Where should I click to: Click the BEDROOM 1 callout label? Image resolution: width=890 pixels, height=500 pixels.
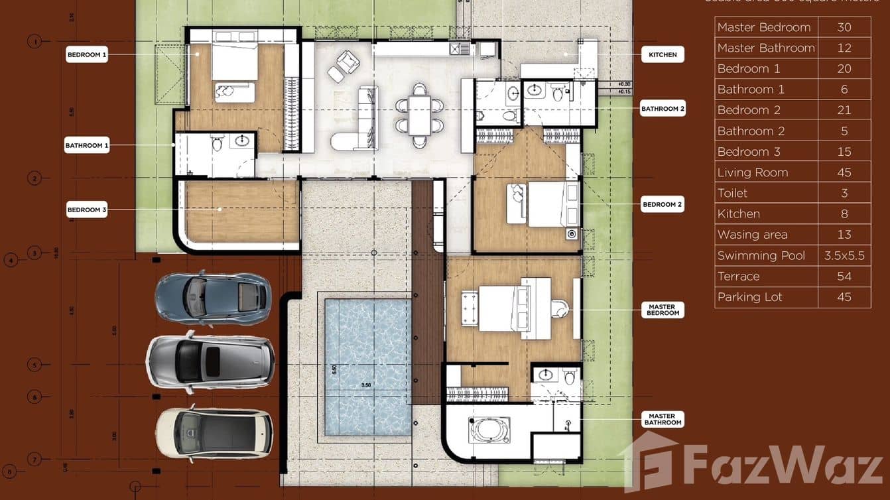(x=87, y=55)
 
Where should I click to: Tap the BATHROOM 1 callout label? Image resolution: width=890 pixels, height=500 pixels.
(x=87, y=145)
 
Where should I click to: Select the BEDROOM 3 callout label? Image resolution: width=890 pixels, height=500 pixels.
(x=87, y=210)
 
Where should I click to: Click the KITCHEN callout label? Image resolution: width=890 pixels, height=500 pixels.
(x=663, y=54)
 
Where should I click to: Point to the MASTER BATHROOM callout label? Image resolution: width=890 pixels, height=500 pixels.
(x=663, y=419)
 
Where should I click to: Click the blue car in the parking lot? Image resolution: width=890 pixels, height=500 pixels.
(x=213, y=297)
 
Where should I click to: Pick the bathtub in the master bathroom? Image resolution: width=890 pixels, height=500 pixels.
(x=489, y=430)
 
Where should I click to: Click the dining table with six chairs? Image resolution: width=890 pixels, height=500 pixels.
(x=419, y=115)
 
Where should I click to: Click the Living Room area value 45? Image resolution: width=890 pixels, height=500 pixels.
(x=844, y=172)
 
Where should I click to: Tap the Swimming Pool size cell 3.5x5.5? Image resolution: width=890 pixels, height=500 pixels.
(x=844, y=255)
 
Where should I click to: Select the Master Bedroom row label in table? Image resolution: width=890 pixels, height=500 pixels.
(x=764, y=27)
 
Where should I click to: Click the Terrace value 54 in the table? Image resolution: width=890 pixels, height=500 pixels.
(x=844, y=277)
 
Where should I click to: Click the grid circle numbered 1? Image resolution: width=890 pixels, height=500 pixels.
(x=34, y=42)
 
